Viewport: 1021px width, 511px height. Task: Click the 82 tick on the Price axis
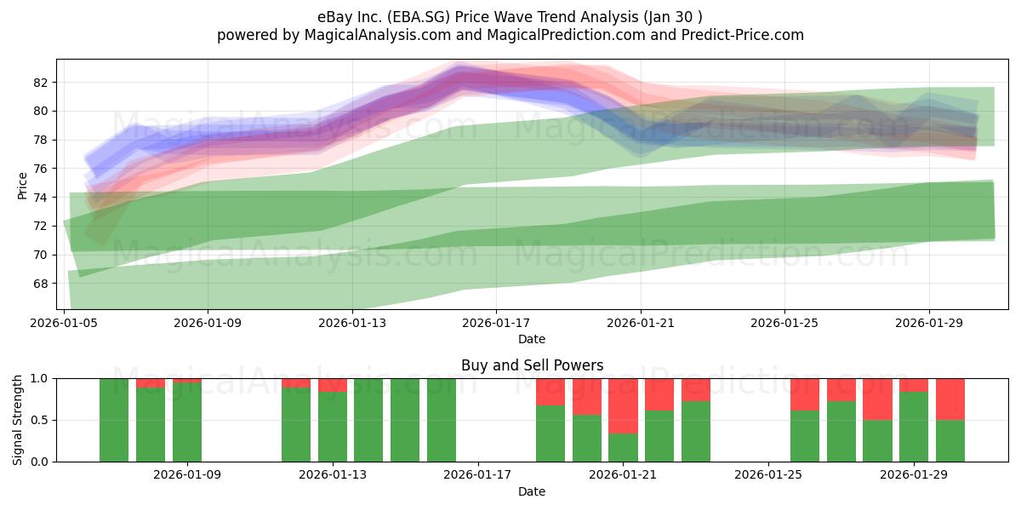(x=40, y=83)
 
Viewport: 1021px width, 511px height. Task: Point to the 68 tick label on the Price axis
(x=40, y=284)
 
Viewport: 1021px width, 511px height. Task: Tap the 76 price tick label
(x=40, y=169)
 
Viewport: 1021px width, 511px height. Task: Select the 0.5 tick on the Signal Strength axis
(x=39, y=420)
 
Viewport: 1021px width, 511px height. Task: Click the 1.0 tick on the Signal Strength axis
(x=39, y=378)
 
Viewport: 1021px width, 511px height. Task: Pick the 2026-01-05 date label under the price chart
(x=64, y=323)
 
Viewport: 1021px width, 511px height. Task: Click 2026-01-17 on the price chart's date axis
(x=496, y=323)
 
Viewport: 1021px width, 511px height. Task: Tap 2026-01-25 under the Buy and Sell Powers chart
(x=768, y=474)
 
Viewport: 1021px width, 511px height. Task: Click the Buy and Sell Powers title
(x=532, y=365)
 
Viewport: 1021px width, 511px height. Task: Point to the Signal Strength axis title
(x=17, y=420)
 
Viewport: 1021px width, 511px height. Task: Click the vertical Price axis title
(x=22, y=186)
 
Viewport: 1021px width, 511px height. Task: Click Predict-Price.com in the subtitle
(x=743, y=35)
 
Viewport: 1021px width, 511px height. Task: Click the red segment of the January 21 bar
(x=623, y=405)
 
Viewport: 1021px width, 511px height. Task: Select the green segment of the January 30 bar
(x=950, y=441)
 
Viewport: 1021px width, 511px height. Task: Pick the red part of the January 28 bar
(x=877, y=399)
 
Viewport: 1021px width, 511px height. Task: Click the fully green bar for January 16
(x=442, y=420)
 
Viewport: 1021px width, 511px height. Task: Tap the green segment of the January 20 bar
(x=586, y=439)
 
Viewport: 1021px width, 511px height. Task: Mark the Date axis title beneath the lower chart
(x=532, y=491)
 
